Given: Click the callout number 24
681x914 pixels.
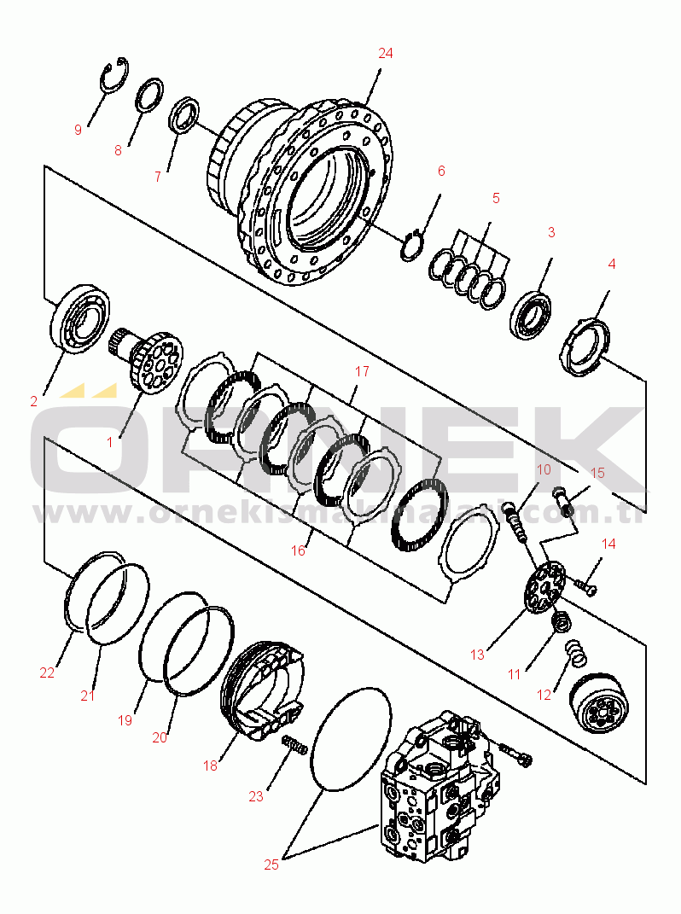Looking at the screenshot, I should (386, 53).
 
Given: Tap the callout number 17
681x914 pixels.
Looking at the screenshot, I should (363, 371).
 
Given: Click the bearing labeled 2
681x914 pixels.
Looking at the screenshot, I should (81, 317).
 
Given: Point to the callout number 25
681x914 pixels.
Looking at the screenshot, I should (271, 865).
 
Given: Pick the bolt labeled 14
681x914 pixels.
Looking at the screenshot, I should (585, 586).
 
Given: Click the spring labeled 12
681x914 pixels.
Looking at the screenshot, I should (578, 655).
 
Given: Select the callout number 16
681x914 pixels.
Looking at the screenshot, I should (298, 550).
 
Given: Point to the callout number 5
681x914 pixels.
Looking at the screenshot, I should (496, 198).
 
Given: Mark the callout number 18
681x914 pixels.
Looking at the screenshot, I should (211, 766).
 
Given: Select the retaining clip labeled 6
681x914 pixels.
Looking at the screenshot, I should (413, 244).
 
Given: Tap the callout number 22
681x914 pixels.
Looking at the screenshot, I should (47, 672).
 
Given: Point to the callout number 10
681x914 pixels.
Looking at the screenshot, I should (544, 470).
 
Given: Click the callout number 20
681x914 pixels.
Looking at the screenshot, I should (160, 737).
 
